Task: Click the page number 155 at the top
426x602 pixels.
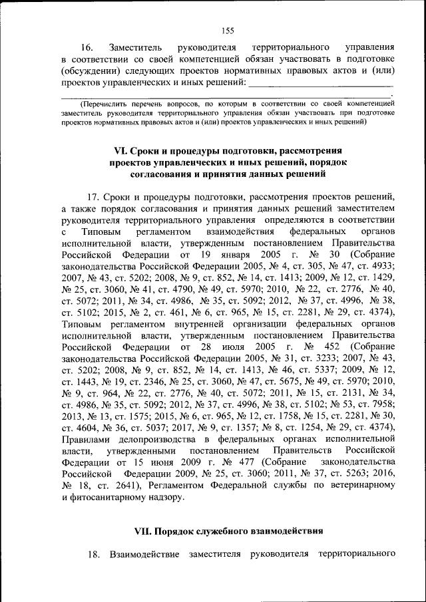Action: coord(227,29)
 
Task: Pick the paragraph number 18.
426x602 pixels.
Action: coord(93,553)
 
